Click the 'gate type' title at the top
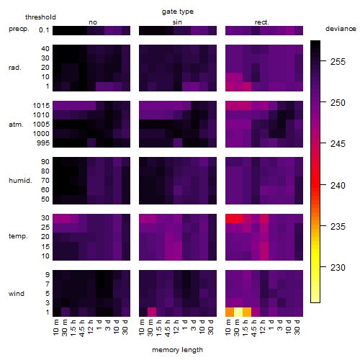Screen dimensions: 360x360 178,12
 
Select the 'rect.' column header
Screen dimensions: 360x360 262,22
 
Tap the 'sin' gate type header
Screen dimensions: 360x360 177,22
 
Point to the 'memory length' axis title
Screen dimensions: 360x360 177,350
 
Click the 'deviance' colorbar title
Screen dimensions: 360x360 341,29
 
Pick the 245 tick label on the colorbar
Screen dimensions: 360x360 338,144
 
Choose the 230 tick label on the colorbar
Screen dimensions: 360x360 338,267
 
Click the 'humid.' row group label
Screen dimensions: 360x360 20,181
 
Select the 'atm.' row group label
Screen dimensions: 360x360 16,125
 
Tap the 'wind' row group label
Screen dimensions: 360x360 17,294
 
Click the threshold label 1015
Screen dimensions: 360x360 41,105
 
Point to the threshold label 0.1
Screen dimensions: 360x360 44,30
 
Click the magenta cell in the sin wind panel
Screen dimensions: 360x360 152,312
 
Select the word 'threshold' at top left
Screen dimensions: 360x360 40,17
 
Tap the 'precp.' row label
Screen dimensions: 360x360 19,29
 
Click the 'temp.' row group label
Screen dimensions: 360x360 18,236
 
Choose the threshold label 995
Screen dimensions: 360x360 43,143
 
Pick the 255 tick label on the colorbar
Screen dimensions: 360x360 338,62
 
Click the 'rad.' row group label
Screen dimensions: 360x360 15,68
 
